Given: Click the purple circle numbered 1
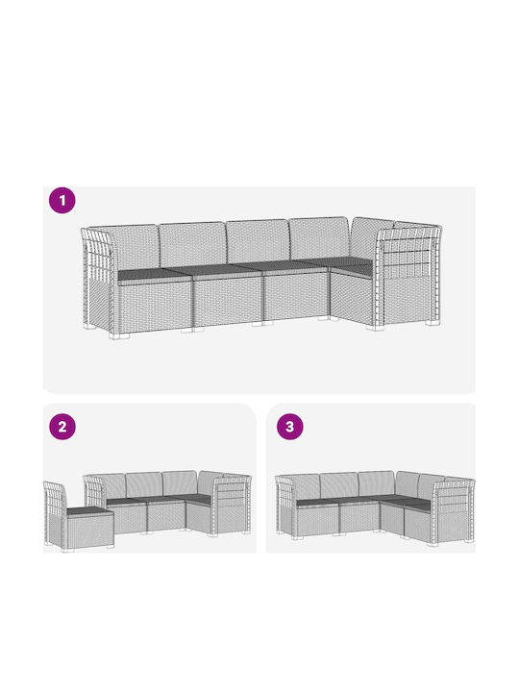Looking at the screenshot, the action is (62, 200).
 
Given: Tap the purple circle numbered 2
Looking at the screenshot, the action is (62, 427).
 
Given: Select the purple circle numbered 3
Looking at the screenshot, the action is (289, 427).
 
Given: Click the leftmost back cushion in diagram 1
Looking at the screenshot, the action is (135, 247).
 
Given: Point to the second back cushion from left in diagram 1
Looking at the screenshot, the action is (193, 244).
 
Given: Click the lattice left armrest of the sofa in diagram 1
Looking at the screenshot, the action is (97, 278).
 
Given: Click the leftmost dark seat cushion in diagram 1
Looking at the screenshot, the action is (154, 276).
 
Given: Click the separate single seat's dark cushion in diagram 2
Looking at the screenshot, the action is (88, 511).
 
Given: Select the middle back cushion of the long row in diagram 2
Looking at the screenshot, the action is (144, 484).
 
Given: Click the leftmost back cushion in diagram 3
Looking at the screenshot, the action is (306, 486).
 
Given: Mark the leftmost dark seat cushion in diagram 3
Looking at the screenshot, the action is (319, 503).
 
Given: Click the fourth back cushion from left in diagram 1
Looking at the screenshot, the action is (318, 238).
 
